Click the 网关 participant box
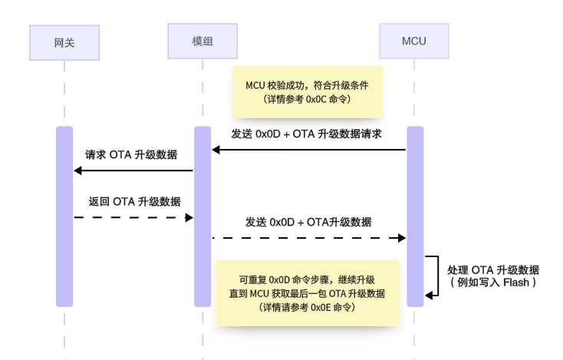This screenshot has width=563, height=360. (64, 42)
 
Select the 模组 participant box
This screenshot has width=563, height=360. (202, 40)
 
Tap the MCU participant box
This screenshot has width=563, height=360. (414, 40)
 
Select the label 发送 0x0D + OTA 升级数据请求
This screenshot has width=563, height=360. (307, 134)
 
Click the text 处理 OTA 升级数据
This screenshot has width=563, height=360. (493, 269)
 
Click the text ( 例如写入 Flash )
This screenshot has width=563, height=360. (493, 282)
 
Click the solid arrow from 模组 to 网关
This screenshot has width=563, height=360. (133, 170)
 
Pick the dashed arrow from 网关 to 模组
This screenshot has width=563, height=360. (133, 218)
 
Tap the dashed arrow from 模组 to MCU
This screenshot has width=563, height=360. (308, 238)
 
